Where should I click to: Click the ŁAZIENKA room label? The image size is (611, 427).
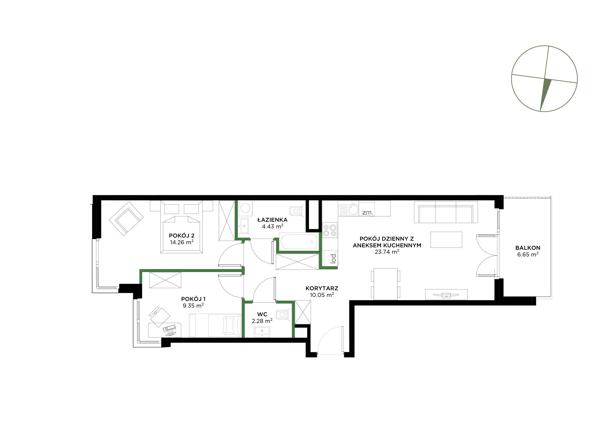pos(272,220)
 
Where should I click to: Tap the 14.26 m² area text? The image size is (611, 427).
pos(181,242)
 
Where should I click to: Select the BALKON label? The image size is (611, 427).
pos(528,248)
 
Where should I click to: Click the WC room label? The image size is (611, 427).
pos(262,315)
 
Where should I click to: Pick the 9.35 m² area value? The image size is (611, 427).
pos(193,306)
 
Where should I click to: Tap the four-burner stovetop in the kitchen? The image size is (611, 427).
pos(329,230)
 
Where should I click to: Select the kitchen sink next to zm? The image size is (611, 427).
pos(348,210)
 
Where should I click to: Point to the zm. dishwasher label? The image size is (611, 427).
pos(368,213)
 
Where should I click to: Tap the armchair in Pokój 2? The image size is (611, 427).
pos(126,219)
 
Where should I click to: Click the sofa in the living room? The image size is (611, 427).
pos(446,212)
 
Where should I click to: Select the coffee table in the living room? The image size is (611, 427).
pos(446,240)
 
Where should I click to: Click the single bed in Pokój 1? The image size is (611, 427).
pos(215,325)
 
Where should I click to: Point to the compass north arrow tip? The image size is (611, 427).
pos(540,111)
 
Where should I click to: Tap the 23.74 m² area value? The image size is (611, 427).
pos(387,252)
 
